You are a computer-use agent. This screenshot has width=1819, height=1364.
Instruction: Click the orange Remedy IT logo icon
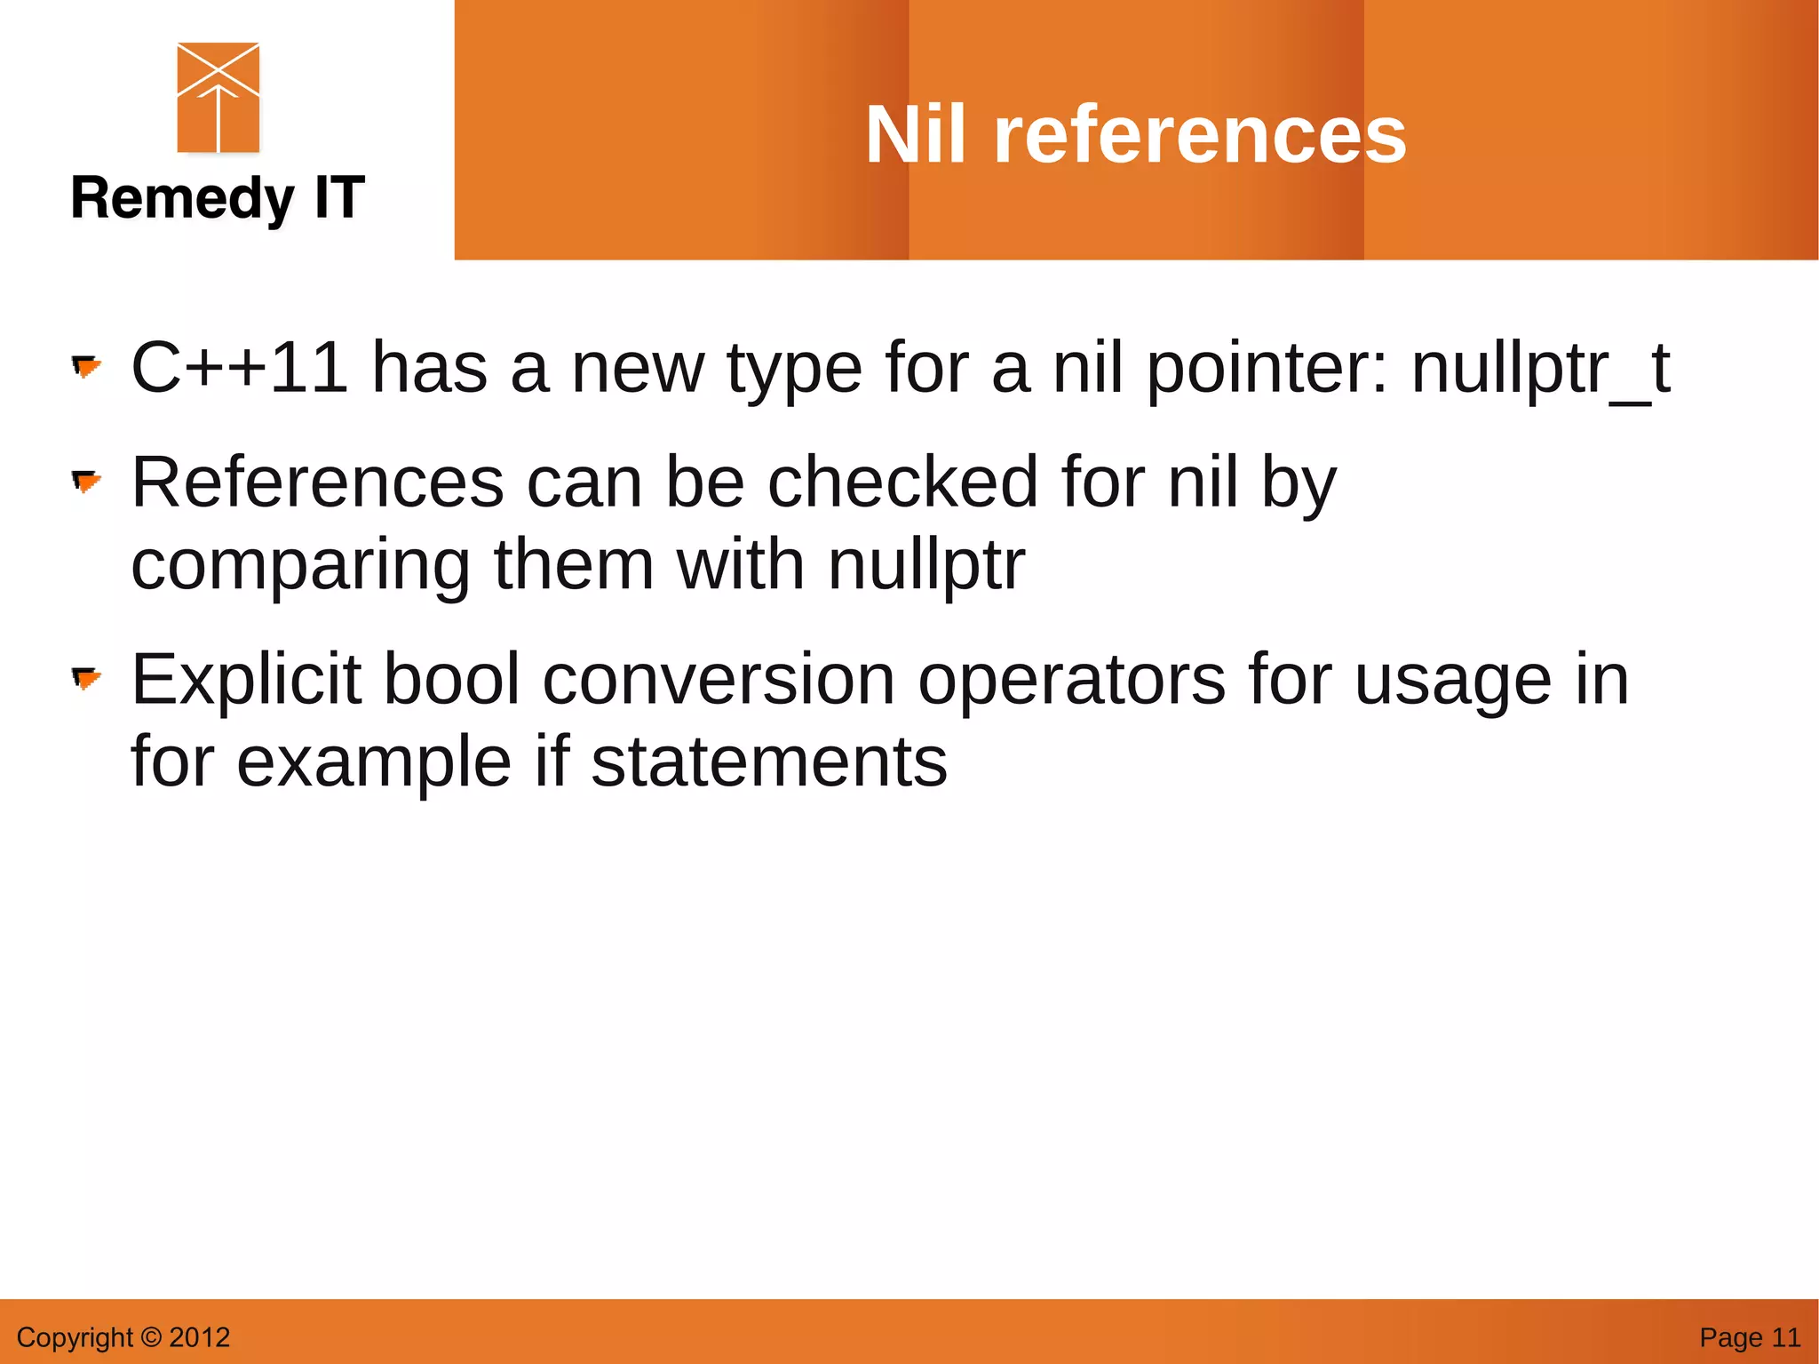coord(218,98)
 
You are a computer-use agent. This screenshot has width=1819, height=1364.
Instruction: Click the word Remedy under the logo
coord(182,198)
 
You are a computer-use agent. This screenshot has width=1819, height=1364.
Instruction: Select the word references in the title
coord(1200,135)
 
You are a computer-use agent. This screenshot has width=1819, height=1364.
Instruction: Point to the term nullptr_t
coord(1540,369)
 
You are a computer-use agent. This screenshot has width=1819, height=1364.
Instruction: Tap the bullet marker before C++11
coord(86,366)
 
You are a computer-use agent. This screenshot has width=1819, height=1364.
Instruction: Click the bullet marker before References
coord(86,482)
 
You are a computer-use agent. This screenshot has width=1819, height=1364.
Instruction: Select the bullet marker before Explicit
coord(86,680)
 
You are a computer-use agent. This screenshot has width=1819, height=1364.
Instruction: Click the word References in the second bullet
coord(318,483)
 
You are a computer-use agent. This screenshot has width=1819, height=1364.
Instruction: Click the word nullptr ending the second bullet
coord(926,565)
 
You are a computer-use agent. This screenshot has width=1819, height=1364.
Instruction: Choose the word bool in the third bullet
coord(451,680)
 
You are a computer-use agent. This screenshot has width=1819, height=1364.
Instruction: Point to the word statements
coord(769,762)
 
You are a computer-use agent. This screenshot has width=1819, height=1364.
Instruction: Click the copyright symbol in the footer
coord(152,1337)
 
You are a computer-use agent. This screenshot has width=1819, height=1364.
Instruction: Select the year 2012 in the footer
coord(200,1337)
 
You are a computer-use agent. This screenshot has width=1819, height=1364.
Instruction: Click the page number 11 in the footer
coord(1785,1337)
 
